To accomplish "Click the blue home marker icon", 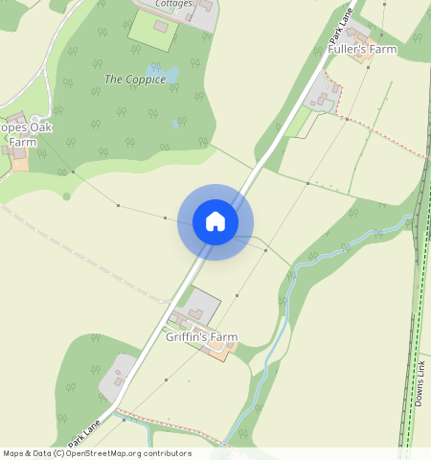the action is [x=215, y=222].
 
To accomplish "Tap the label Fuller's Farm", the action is [x=362, y=49].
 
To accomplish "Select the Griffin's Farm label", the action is [x=201, y=337].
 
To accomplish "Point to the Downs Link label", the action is [x=420, y=382].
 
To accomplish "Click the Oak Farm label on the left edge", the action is [x=25, y=134].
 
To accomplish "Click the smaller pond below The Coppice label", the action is [x=175, y=124].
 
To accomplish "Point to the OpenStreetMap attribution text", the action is [x=97, y=453].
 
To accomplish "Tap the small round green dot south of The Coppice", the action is [x=66, y=196].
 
